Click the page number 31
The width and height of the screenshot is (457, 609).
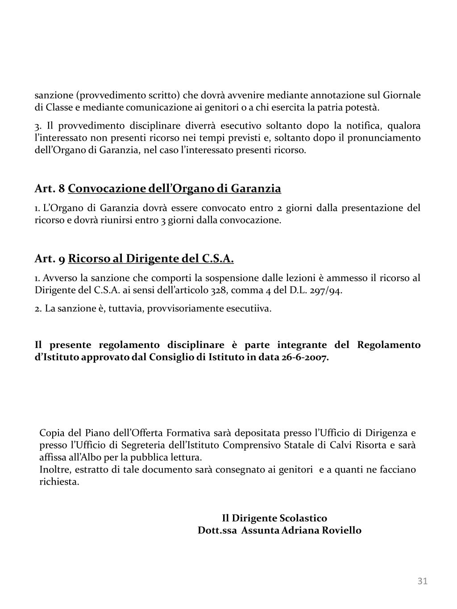(422, 581)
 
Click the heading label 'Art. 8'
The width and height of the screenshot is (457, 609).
(50, 189)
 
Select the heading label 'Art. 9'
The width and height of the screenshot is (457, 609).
(50, 259)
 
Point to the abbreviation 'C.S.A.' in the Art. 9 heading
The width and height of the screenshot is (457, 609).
(218, 259)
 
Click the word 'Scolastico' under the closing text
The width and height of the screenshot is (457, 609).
(303, 518)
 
